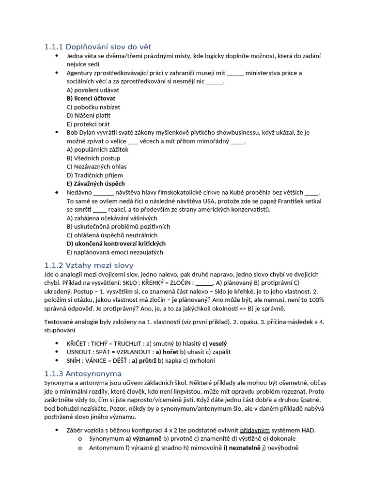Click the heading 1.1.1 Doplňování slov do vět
click(x=98, y=47)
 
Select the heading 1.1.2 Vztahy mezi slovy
click(x=89, y=265)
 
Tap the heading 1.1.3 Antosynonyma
click(x=83, y=374)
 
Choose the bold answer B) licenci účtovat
click(x=91, y=98)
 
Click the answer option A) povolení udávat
click(x=93, y=90)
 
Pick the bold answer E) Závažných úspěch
click(x=95, y=184)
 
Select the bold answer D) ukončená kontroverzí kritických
click(x=116, y=244)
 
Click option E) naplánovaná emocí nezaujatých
click(x=115, y=252)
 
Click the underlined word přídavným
click(x=255, y=430)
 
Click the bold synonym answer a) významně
click(x=143, y=439)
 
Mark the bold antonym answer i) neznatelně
click(x=240, y=448)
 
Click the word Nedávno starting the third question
click(x=79, y=192)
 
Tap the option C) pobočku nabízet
click(x=93, y=107)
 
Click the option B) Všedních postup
click(x=93, y=158)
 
